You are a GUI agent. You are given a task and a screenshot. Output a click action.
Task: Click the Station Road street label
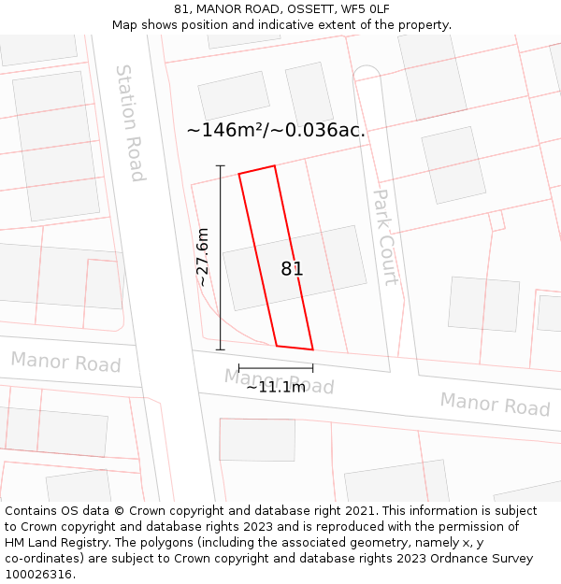(129, 122)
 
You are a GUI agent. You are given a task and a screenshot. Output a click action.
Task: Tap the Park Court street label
(385, 237)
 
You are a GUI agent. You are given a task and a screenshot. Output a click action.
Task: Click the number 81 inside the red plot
(292, 269)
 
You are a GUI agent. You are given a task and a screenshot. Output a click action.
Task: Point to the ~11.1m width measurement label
(275, 387)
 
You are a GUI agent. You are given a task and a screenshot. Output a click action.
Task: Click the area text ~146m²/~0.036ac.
(276, 131)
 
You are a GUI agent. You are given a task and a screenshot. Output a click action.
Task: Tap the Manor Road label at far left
(65, 362)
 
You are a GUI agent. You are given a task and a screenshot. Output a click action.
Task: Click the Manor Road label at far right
(495, 405)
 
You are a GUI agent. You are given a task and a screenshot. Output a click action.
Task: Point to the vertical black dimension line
(221, 257)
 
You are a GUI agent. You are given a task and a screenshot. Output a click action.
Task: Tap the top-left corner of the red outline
(239, 174)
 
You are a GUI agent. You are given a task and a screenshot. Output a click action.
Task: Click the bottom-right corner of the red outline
(312, 349)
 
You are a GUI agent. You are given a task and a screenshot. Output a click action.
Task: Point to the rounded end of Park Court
(366, 72)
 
